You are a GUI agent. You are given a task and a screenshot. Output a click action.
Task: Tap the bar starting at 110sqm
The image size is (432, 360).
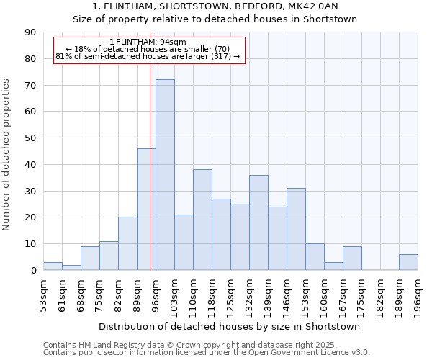point(202,220)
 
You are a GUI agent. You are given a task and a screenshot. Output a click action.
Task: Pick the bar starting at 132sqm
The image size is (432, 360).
point(258,222)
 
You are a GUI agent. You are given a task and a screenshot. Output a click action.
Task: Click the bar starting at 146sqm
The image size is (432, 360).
point(296,229)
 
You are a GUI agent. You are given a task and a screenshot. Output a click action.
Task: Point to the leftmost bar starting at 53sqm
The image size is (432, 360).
point(53,266)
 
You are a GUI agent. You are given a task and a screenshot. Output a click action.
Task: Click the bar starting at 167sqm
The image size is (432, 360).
point(352,258)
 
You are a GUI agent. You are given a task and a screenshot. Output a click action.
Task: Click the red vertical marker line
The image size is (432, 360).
point(150,180)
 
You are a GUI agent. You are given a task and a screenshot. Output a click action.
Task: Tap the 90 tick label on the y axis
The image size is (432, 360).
point(30,32)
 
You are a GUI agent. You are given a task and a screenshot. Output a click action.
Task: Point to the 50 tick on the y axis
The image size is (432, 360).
point(30,138)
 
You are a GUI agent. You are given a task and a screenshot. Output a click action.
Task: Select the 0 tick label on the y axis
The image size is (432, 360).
point(33,270)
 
